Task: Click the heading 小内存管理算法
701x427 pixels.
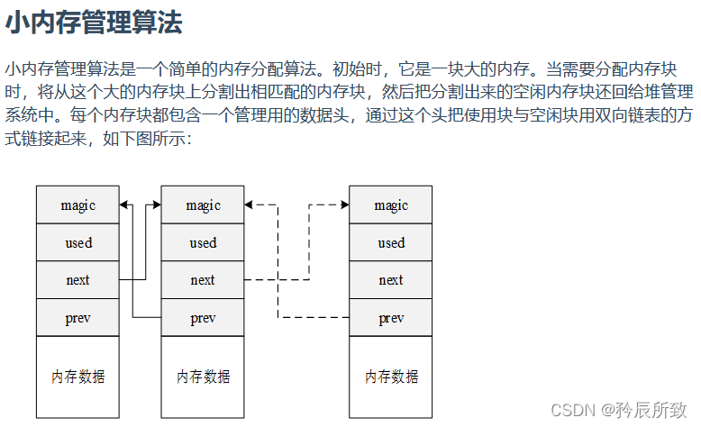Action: click(x=94, y=23)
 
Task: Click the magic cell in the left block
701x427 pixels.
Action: click(x=77, y=205)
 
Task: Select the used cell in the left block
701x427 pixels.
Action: click(x=77, y=243)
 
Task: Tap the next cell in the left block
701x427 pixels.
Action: click(x=77, y=280)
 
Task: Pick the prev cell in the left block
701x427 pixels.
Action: click(x=77, y=318)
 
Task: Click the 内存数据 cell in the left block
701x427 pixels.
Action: click(x=77, y=377)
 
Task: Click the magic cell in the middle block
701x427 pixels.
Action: click(x=203, y=205)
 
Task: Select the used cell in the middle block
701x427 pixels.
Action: click(x=203, y=243)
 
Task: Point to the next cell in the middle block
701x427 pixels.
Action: click(x=203, y=280)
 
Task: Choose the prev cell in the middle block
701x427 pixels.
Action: click(x=203, y=318)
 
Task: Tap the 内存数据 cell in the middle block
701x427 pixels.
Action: click(x=203, y=377)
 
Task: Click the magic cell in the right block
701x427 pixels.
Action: click(x=390, y=205)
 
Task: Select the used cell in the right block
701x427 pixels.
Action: click(x=390, y=243)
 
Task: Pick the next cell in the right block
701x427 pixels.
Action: click(x=390, y=280)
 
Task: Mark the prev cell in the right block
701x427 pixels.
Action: click(x=390, y=318)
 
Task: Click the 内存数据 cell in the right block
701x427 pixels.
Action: click(x=390, y=377)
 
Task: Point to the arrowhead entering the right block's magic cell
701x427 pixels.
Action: click(x=344, y=205)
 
